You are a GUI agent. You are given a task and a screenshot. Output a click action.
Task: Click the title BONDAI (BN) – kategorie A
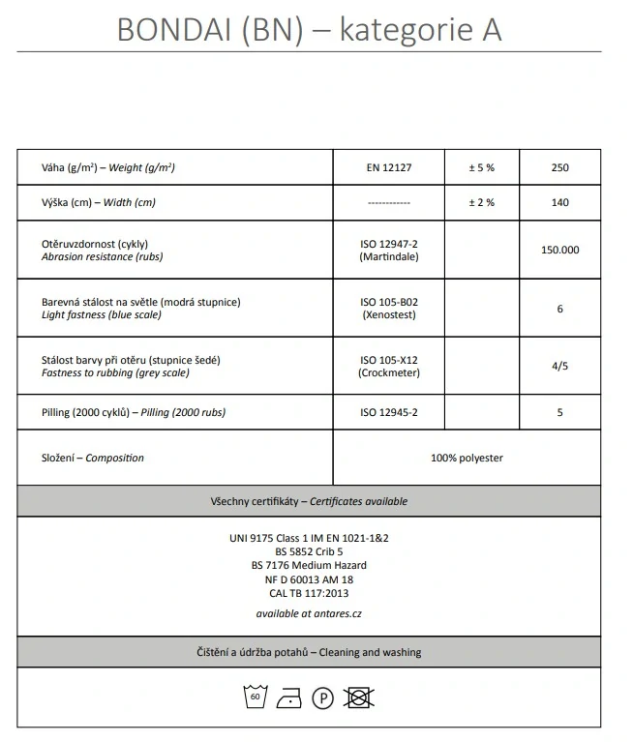[x=309, y=29]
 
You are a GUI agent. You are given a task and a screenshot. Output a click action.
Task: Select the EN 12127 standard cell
[x=389, y=168]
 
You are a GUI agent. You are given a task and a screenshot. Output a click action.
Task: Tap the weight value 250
[x=559, y=168]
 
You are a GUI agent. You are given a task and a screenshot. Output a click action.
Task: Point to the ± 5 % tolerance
[x=481, y=168]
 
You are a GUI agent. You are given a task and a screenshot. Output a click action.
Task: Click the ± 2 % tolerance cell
[x=481, y=203]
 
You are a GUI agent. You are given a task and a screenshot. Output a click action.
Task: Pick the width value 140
[x=559, y=203]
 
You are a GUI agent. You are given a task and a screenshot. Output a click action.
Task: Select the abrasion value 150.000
[x=559, y=250]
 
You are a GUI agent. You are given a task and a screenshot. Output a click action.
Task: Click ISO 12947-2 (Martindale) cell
[x=389, y=251]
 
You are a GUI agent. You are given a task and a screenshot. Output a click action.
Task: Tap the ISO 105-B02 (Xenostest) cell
[x=389, y=309]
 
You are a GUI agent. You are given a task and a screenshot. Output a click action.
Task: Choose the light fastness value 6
[x=559, y=310]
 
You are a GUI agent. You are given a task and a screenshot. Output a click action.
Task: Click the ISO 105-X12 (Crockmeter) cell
[x=389, y=366]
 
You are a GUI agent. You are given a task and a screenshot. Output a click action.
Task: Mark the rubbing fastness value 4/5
[x=559, y=367]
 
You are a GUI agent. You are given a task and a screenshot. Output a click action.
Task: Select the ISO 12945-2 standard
[x=389, y=412]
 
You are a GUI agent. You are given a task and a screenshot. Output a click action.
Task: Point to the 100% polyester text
[x=467, y=458]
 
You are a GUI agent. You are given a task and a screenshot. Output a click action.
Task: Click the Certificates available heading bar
[x=309, y=501]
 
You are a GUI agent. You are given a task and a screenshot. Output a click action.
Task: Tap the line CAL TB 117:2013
[x=309, y=593]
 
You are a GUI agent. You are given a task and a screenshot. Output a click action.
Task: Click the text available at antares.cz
[x=309, y=613]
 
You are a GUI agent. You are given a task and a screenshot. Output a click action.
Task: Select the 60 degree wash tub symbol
[x=256, y=697]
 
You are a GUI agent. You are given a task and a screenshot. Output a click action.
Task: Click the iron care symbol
[x=288, y=697]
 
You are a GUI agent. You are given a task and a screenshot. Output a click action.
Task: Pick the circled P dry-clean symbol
[x=323, y=697]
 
